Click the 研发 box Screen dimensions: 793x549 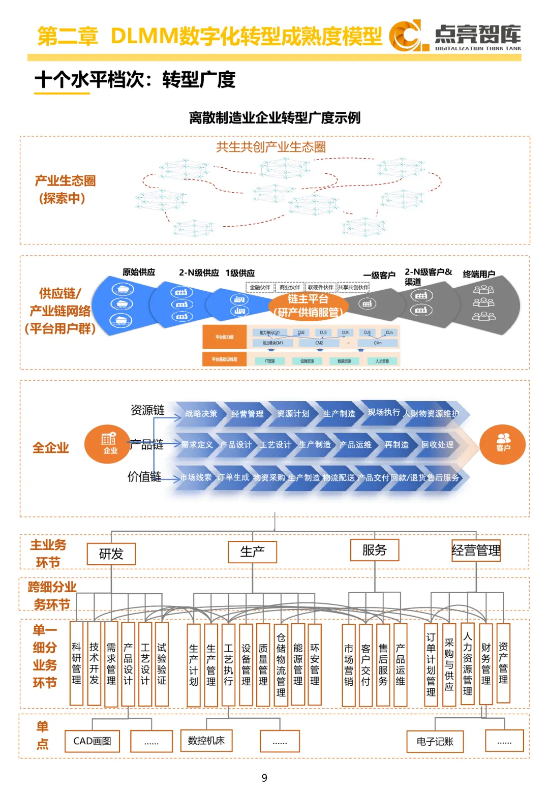[111, 554]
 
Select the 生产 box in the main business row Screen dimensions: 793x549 [252, 552]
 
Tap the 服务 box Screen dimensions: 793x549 [375, 550]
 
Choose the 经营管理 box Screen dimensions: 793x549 [476, 551]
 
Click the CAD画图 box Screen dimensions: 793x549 [92, 741]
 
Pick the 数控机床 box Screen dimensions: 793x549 [206, 740]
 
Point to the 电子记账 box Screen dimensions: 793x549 [435, 742]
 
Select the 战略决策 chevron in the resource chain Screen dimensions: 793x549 [201, 414]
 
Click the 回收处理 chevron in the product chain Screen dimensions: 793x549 [437, 445]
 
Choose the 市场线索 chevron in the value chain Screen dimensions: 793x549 [195, 477]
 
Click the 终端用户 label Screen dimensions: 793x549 [479, 274]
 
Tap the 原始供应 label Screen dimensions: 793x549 [139, 272]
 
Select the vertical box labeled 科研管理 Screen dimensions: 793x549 [76, 663]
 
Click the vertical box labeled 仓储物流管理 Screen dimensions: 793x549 [281, 664]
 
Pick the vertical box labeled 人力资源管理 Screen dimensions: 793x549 [468, 663]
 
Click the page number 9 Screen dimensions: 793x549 [264, 778]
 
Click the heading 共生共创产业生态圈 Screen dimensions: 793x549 [271, 147]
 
